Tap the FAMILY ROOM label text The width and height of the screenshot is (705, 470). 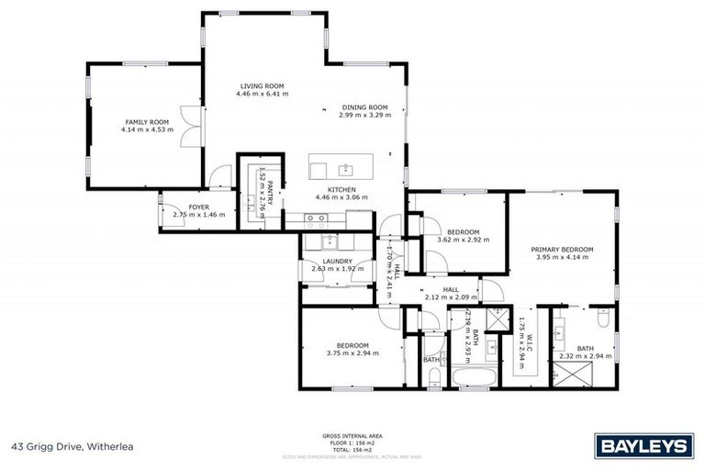pos(147,122)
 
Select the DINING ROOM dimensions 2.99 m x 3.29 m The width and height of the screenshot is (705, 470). pos(364,116)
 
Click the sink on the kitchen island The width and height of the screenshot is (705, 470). pos(347,169)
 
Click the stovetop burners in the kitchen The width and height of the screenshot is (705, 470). pos(317,218)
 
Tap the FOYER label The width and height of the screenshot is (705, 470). pos(199,207)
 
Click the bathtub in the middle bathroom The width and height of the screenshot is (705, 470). pos(474,378)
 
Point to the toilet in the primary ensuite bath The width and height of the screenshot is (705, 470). pos(601,320)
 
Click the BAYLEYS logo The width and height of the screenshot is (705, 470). pos(643,446)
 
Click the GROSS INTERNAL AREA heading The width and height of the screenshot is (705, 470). pos(352,435)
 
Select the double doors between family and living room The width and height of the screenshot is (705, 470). pos(188,125)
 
